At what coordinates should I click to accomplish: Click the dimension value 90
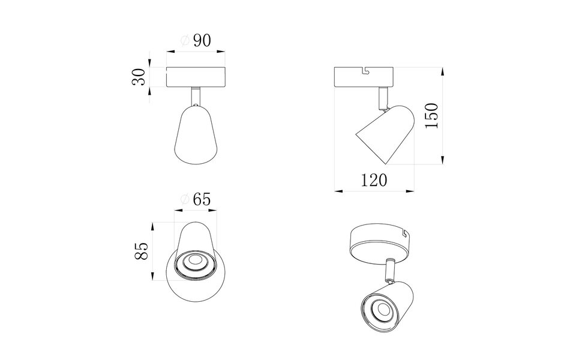pos(202,41)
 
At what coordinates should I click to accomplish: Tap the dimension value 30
pos(139,77)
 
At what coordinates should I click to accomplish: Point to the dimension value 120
pos(374,179)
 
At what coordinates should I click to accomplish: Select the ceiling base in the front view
pos(196,77)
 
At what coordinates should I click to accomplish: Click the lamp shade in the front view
pos(196,135)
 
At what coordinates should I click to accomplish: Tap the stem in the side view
pos(382,96)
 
